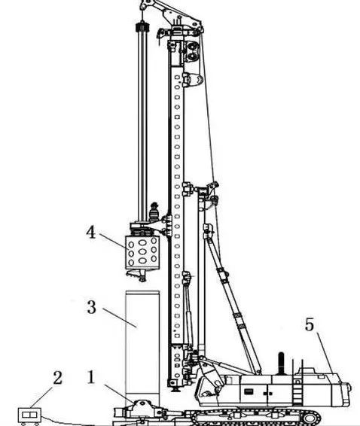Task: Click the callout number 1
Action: pos(91,377)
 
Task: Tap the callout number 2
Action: pos(57,378)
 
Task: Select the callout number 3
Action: pos(92,307)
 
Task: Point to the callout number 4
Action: pos(91,233)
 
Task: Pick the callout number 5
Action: pos(310,324)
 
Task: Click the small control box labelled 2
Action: pos(29,416)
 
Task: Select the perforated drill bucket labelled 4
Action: pos(142,253)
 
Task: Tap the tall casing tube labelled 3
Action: pos(142,345)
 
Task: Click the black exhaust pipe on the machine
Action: pos(281,364)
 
